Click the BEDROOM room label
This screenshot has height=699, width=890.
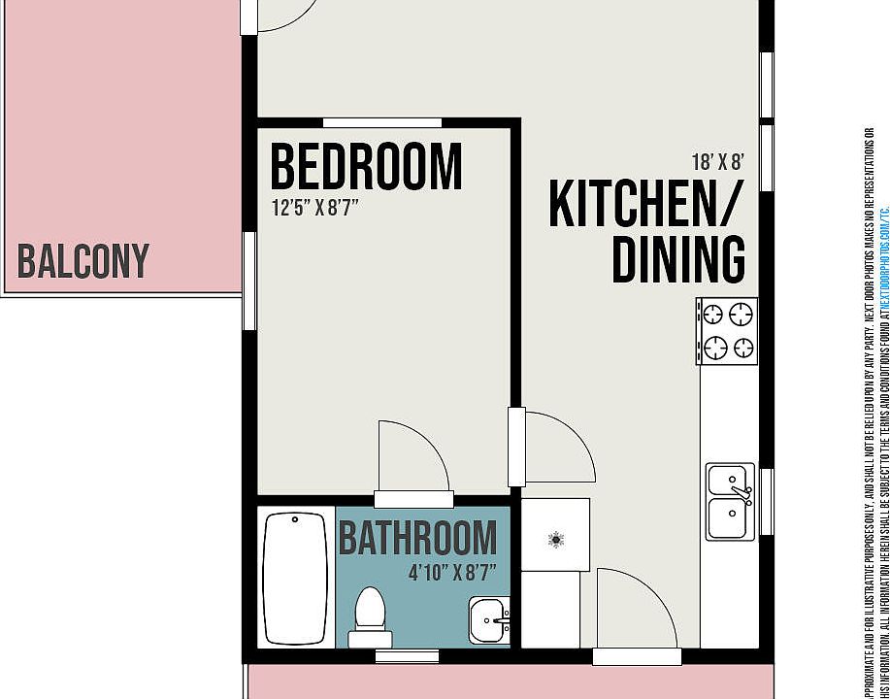pos(366,166)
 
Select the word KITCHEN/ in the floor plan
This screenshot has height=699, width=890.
pos(645,203)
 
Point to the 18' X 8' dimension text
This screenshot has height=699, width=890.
pos(717,161)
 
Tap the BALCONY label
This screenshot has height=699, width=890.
pos(83,261)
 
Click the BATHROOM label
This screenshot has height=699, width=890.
pos(417,538)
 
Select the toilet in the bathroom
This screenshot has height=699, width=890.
pos(370,617)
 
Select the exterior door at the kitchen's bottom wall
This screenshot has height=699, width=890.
pos(637,612)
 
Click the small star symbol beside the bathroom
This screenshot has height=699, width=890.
pos(556,539)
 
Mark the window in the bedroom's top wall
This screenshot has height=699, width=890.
pos(381,122)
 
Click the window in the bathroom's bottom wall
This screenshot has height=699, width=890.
pos(407,656)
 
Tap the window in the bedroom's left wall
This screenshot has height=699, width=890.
pos(249,281)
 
